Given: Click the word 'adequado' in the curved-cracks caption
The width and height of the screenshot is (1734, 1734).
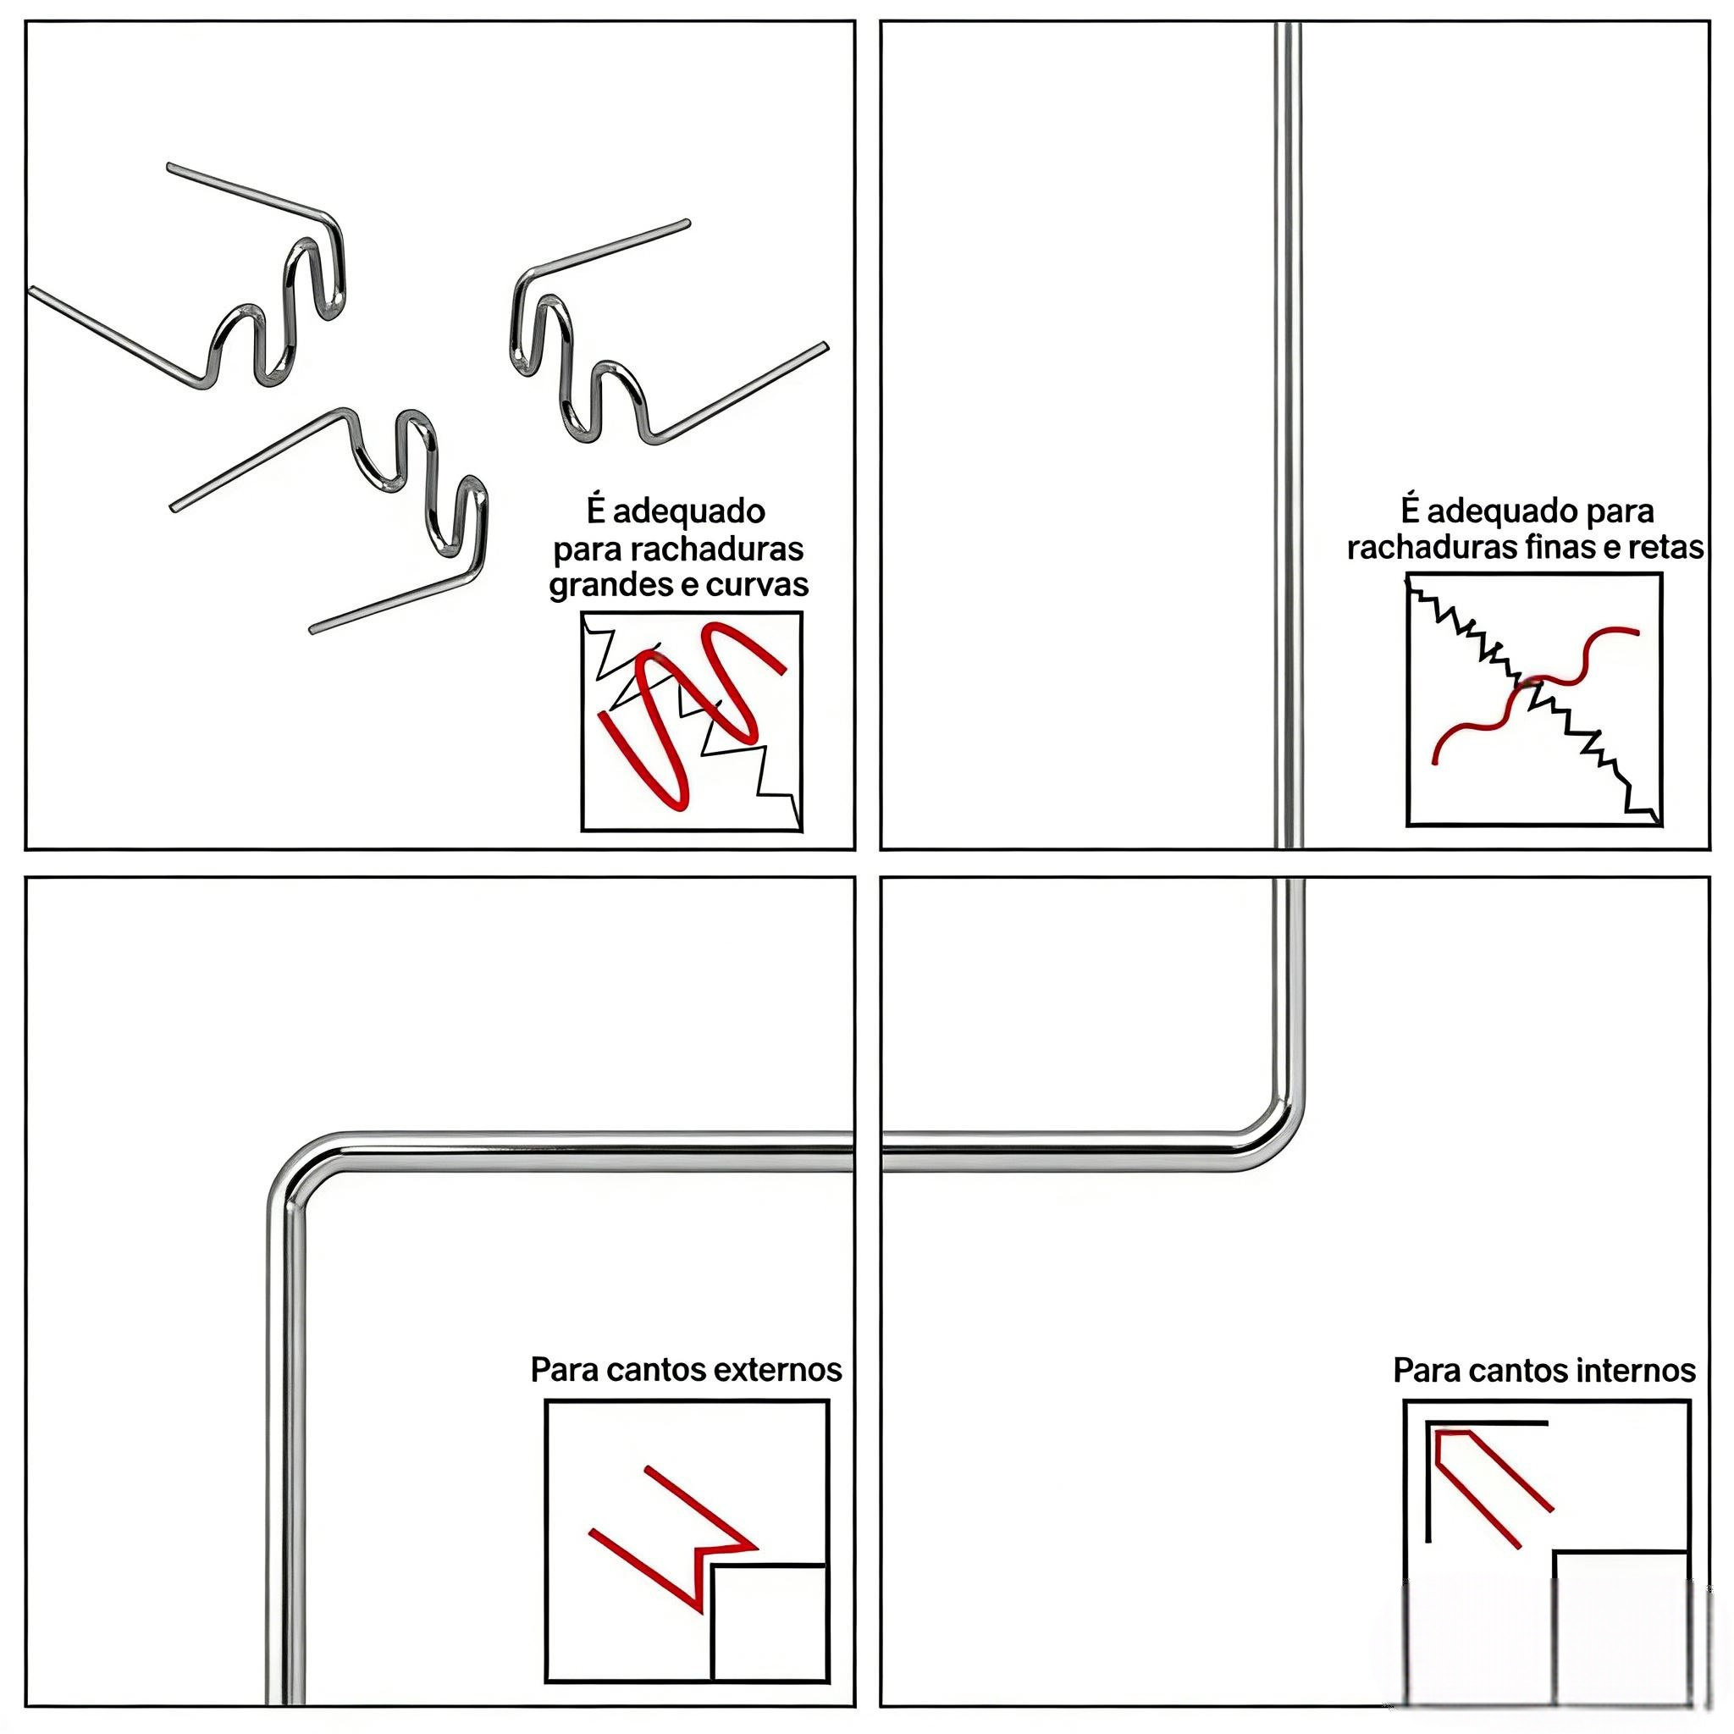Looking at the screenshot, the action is (x=688, y=512).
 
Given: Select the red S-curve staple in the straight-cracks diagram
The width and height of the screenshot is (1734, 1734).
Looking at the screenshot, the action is (x=1537, y=697).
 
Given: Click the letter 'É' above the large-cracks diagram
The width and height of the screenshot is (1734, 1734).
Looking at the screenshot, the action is (x=597, y=510).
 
